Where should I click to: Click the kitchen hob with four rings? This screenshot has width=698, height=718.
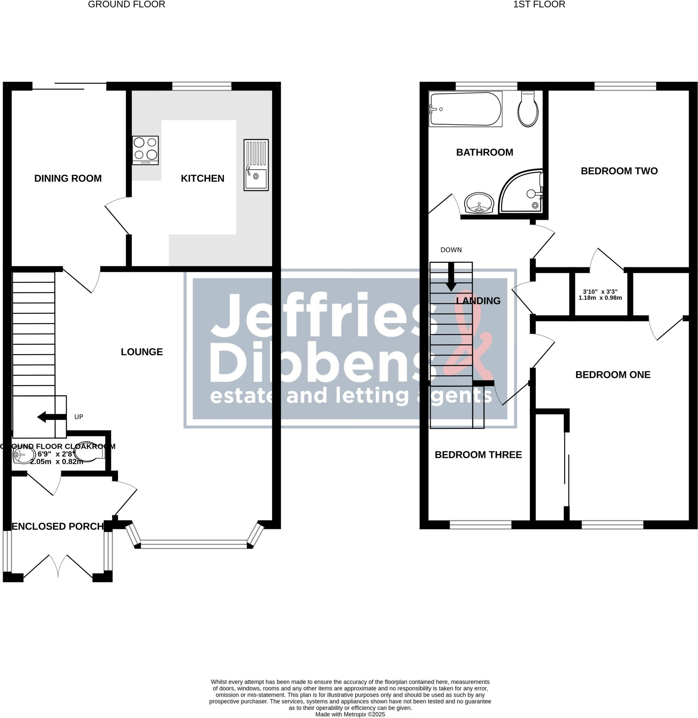point(145,150)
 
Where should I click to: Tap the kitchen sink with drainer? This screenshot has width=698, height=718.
point(256,165)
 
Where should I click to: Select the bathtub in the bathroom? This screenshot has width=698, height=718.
point(465,109)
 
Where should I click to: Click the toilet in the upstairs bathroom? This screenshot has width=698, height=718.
point(528,109)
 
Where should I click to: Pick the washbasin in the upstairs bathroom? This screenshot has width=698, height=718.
point(479,203)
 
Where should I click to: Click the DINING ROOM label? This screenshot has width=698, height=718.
point(68,178)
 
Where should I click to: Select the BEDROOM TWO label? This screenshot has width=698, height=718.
point(619,171)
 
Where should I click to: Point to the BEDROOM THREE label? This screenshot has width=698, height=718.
point(478,455)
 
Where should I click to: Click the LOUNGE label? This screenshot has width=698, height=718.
point(141,352)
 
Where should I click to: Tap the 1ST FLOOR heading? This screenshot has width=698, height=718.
point(539,5)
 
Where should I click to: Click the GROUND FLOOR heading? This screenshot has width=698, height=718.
point(126,5)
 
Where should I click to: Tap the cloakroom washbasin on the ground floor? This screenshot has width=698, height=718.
point(22,456)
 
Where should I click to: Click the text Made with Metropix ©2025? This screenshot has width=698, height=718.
point(350,714)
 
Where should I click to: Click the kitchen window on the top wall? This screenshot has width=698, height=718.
point(202,86)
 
